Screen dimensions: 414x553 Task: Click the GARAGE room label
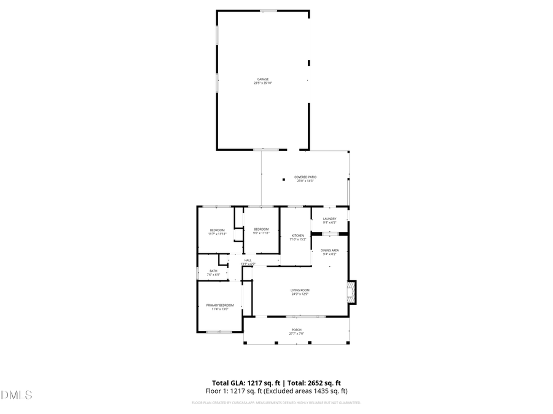(262, 79)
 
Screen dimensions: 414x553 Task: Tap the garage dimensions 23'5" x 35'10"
(262, 83)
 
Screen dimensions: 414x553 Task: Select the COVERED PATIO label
(305, 177)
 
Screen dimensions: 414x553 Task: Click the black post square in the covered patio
(284, 180)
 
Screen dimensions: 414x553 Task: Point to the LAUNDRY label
(329, 219)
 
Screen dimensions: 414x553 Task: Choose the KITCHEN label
(297, 236)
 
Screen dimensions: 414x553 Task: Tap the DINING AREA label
(330, 250)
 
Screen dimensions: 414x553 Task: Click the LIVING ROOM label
(300, 290)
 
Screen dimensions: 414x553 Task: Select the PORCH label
(296, 329)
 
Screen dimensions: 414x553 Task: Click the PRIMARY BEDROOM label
(219, 305)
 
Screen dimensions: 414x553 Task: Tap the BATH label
(213, 271)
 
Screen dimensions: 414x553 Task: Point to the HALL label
(248, 260)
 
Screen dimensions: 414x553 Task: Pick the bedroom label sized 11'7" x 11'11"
(217, 230)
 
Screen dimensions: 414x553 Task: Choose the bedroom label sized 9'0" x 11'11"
(261, 229)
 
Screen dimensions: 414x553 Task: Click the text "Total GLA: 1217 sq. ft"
(243, 383)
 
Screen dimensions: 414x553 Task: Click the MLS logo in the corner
(17, 395)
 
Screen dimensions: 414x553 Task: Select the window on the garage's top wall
(268, 10)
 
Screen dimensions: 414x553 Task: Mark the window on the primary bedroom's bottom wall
(219, 332)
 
